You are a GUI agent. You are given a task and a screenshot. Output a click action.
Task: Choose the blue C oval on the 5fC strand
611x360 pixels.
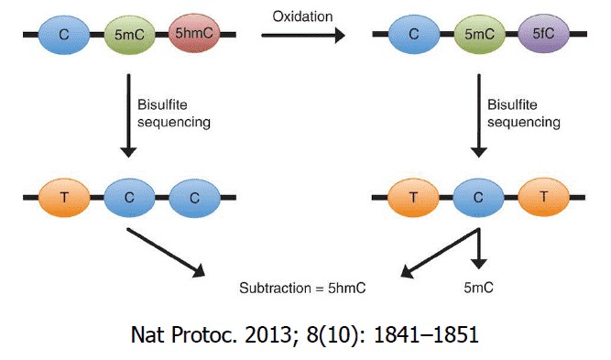[x=412, y=35]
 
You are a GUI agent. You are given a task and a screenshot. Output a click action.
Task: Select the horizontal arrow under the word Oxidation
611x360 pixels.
[x=302, y=36]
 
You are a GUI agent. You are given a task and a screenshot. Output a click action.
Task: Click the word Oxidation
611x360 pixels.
[x=301, y=15]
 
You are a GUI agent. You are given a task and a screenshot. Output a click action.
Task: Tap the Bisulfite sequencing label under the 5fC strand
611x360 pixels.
[x=518, y=113]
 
